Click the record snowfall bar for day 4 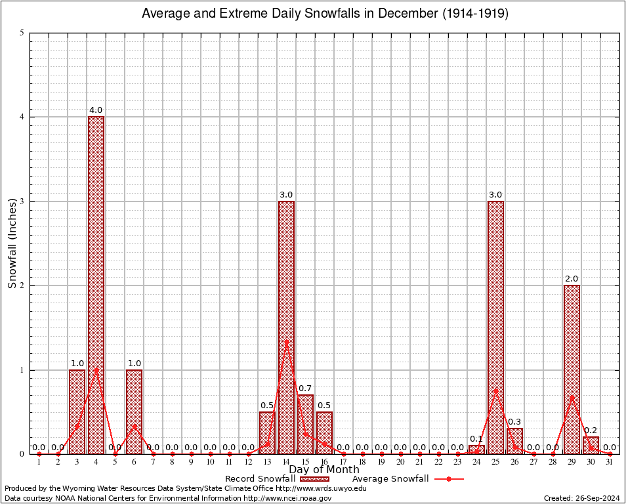pyautogui.click(x=96, y=285)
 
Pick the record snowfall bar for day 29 pyautogui.click(x=572, y=369)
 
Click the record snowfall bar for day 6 pyautogui.click(x=134, y=411)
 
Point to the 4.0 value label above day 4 pyautogui.click(x=96, y=110)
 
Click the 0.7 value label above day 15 pyautogui.click(x=305, y=388)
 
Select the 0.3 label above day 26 pyautogui.click(x=514, y=422)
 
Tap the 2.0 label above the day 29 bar pyautogui.click(x=572, y=279)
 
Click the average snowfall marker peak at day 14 pyautogui.click(x=286, y=341)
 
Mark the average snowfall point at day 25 pyautogui.click(x=495, y=390)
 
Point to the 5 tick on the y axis pyautogui.click(x=22, y=33)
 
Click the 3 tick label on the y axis pyautogui.click(x=22, y=201)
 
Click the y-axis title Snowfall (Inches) pyautogui.click(x=12, y=243)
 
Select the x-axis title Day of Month pyautogui.click(x=324, y=470)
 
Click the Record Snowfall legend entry pyautogui.click(x=279, y=479)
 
